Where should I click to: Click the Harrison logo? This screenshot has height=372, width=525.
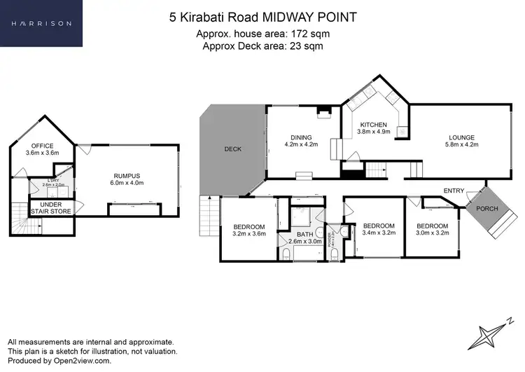click(41, 23)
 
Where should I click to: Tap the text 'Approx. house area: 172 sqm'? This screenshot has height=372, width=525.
click(262, 34)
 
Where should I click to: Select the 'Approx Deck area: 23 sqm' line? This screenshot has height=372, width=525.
click(262, 46)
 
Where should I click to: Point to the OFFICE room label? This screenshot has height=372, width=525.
click(39, 146)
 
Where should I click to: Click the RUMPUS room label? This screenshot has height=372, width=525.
click(127, 176)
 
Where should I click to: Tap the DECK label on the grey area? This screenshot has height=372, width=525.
click(232, 149)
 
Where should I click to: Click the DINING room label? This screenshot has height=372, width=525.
click(301, 138)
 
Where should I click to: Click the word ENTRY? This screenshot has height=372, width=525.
click(454, 191)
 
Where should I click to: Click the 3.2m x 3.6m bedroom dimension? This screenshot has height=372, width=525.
click(249, 233)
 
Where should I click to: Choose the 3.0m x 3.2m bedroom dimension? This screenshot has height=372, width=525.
click(432, 233)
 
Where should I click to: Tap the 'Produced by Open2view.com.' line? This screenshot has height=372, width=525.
click(59, 361)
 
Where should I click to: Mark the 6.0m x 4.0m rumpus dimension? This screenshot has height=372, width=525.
click(127, 183)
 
